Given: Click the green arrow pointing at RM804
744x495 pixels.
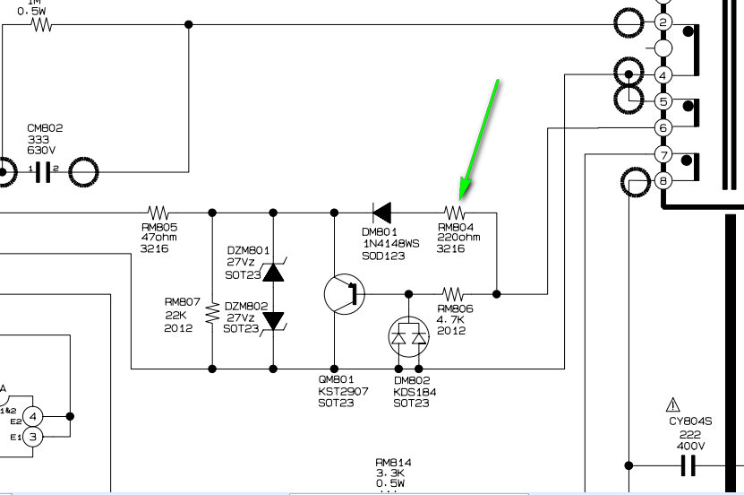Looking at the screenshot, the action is (x=479, y=139).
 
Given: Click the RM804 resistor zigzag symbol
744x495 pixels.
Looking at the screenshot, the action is (x=455, y=213).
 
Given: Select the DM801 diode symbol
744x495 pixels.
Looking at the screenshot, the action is (x=382, y=213).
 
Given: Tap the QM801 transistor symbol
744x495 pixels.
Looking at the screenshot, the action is (x=345, y=294).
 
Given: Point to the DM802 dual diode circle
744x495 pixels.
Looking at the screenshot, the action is (x=408, y=337).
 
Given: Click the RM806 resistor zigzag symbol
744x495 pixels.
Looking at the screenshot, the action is (x=453, y=294).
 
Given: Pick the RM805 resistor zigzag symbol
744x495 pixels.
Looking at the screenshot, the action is (x=158, y=213).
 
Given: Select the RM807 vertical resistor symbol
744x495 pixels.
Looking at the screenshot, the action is (x=212, y=313).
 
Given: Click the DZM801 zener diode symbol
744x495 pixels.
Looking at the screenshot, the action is (x=273, y=273).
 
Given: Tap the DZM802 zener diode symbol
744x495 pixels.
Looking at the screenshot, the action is (x=273, y=321).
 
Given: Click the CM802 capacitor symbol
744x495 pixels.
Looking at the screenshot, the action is (x=43, y=172).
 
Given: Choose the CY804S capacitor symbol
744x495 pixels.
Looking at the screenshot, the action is (x=688, y=465).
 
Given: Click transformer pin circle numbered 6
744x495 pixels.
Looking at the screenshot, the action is (x=663, y=128).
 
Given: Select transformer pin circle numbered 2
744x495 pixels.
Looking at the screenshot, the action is (x=663, y=22).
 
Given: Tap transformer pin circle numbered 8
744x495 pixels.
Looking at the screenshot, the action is (x=663, y=180).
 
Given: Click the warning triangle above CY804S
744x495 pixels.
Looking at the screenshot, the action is (x=673, y=405).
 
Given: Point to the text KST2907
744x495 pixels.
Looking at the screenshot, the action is (x=343, y=392).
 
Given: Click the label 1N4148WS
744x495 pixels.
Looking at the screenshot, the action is (x=391, y=244).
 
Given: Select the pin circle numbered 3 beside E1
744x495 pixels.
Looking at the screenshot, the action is (x=32, y=437).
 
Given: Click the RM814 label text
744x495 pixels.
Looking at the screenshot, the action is (x=393, y=462).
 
